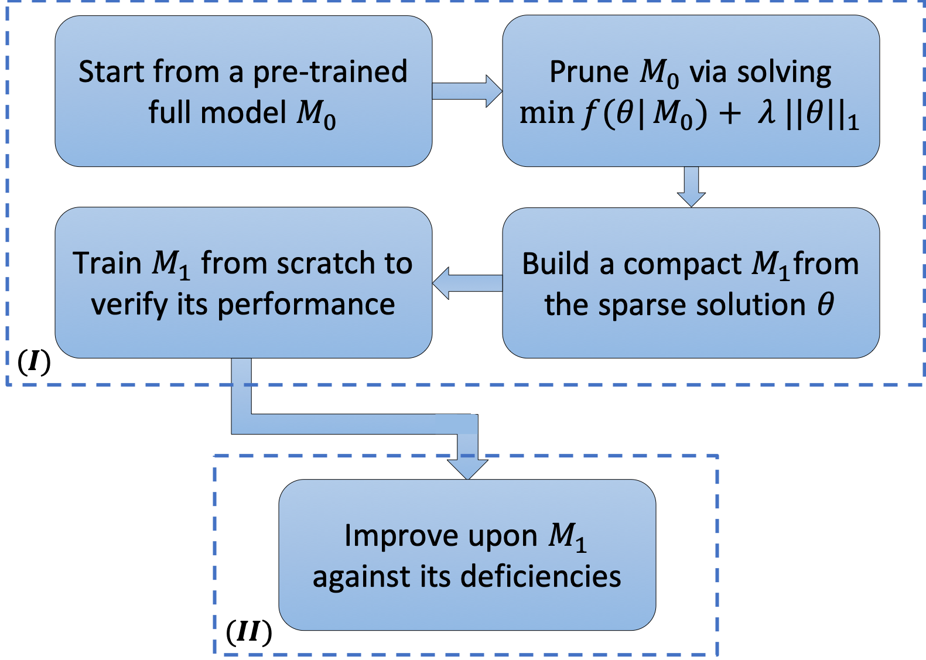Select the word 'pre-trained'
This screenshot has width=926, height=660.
tap(330, 73)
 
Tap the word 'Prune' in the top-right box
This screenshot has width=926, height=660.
tap(588, 73)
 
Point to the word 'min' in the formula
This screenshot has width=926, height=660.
tap(546, 113)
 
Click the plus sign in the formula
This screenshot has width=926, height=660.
tap(729, 114)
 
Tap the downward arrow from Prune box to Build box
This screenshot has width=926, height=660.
tap(691, 187)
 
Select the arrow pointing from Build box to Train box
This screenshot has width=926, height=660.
tap(467, 283)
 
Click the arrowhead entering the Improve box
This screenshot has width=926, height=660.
tap(467, 467)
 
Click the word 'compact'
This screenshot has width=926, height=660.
tap(682, 265)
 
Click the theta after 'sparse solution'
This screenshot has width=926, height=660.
tap(825, 305)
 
